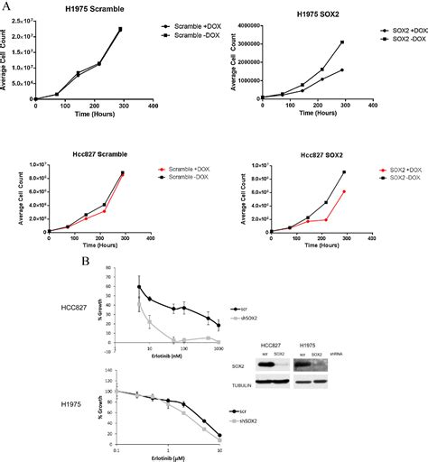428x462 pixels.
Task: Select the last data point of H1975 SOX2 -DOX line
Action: (x=343, y=42)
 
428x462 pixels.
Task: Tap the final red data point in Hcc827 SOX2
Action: (x=344, y=191)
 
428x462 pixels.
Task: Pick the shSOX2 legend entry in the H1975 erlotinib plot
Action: (x=239, y=422)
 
